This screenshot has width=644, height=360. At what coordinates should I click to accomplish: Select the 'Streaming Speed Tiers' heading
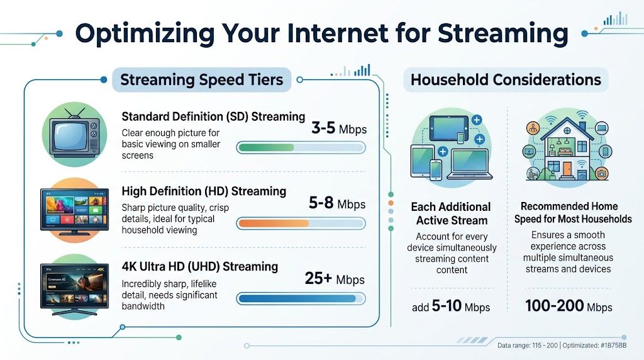(x=201, y=80)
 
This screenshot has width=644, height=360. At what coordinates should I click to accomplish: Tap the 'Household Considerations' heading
(x=506, y=80)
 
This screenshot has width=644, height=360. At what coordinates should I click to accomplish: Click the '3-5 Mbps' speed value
(x=339, y=129)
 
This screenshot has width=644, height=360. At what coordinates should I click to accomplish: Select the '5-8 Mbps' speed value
(x=337, y=204)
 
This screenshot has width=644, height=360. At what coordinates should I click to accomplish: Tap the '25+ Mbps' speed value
(x=334, y=279)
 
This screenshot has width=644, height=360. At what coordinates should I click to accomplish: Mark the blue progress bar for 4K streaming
(x=301, y=298)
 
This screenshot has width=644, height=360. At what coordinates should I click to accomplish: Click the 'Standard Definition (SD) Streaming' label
(x=213, y=116)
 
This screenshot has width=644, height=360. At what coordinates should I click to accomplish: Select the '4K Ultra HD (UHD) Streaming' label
(x=199, y=266)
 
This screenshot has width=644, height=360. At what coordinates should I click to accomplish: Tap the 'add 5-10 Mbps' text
(x=451, y=307)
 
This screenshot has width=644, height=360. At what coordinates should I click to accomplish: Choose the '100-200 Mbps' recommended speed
(x=569, y=307)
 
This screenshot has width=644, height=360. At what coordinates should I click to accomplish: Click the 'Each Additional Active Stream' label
(x=451, y=213)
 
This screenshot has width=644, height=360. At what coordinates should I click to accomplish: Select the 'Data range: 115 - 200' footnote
(x=527, y=346)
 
